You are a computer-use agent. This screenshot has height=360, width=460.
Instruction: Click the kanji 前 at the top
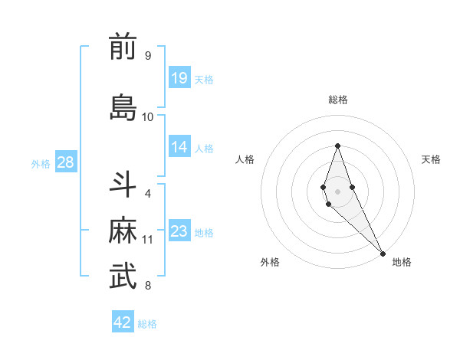click(x=123, y=47)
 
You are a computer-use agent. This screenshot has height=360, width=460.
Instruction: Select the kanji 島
click(x=123, y=106)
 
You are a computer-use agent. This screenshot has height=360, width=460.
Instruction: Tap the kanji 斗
click(x=123, y=184)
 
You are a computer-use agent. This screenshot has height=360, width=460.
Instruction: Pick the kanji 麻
click(x=123, y=231)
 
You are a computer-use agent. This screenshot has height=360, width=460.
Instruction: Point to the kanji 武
click(x=123, y=277)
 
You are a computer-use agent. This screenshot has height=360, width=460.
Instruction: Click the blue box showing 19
click(x=179, y=78)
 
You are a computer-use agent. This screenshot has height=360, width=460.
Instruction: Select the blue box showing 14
click(x=179, y=147)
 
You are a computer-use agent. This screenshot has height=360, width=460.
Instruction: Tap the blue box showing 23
click(x=179, y=231)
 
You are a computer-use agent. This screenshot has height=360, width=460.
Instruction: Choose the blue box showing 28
click(x=65, y=162)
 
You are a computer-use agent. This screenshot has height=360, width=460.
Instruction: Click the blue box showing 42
click(x=123, y=322)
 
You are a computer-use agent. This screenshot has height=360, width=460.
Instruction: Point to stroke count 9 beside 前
click(x=147, y=56)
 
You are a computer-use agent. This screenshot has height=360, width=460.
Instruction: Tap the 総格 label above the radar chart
click(x=337, y=100)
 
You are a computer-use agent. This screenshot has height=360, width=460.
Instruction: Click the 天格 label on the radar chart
click(x=431, y=159)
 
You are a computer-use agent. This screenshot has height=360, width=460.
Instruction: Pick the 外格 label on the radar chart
click(x=270, y=263)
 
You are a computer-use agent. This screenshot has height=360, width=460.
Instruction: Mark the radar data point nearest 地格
click(x=382, y=253)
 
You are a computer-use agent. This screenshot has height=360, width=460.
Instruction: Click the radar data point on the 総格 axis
click(x=337, y=146)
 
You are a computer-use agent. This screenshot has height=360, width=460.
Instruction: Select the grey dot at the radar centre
click(x=337, y=191)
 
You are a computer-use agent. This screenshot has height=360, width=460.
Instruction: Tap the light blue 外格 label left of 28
click(x=41, y=163)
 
